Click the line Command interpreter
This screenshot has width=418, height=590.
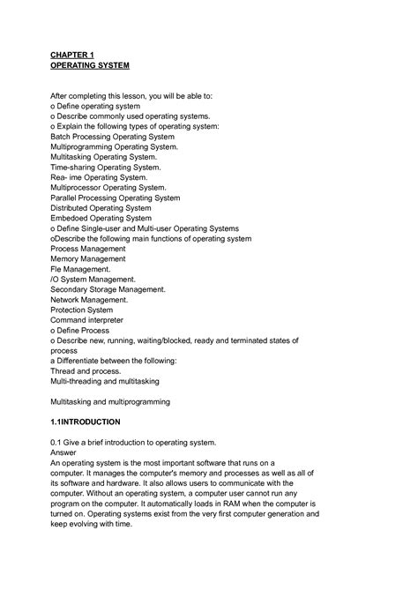86,320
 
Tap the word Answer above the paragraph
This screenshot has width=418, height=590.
67,452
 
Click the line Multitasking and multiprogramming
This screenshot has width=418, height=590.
110,401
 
